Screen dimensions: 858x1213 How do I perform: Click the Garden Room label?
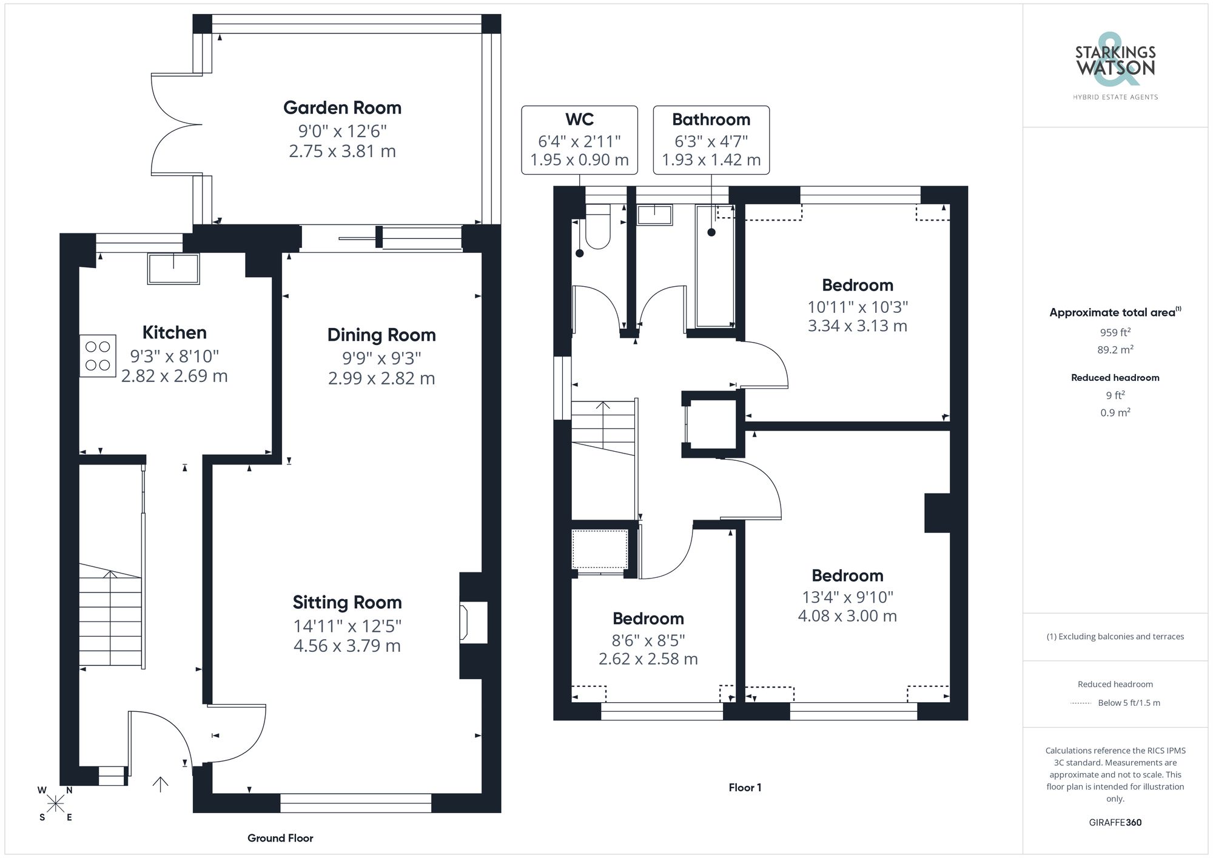342,108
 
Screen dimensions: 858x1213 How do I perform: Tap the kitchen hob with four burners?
98,356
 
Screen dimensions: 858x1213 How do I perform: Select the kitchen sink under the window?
173,269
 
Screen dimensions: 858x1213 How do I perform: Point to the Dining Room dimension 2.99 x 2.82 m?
381,378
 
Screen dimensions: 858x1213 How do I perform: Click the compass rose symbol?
56,804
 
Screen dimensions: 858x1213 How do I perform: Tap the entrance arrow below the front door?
160,785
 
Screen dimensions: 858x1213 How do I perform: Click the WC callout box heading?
579,119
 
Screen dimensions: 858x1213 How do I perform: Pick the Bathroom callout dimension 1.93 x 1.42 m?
711,160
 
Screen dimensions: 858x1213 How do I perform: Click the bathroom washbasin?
654,215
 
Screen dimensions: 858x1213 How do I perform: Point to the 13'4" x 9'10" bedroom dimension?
847,597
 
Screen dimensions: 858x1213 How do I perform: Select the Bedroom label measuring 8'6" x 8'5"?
648,618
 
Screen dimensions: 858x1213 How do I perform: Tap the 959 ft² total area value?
1115,332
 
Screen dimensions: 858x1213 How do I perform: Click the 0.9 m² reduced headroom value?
1115,413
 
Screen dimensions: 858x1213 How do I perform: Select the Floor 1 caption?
745,788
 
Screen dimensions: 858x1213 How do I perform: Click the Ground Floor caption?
280,838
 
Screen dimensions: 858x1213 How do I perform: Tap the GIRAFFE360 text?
1115,822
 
